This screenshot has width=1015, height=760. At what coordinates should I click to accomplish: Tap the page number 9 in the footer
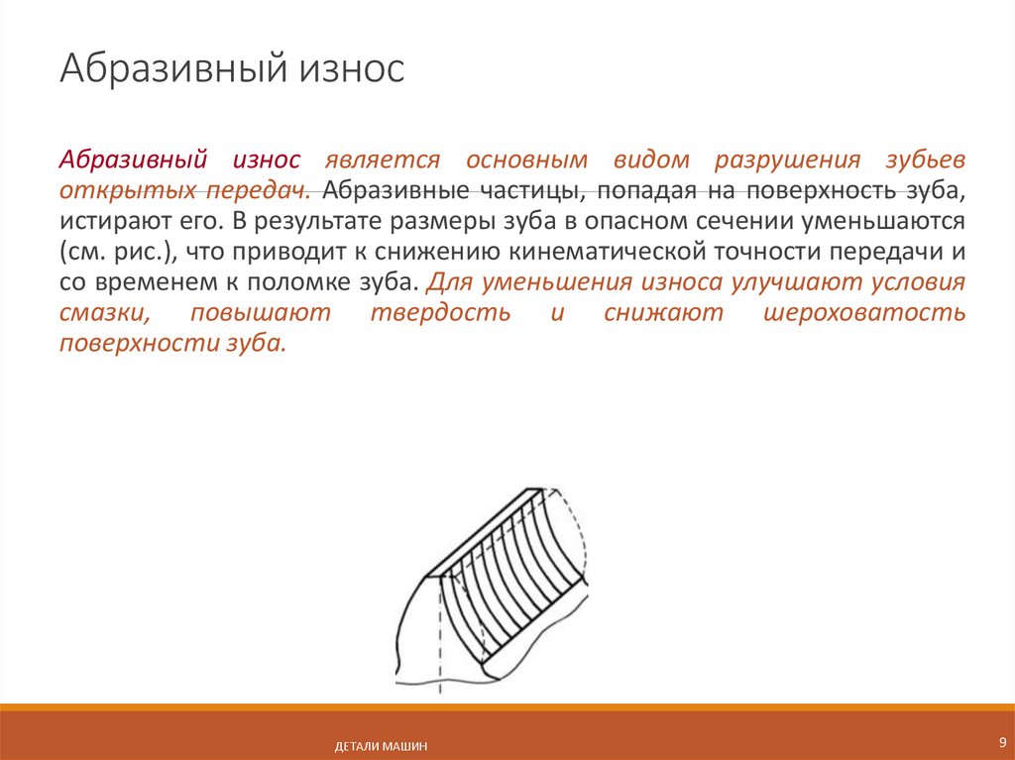point(1001,742)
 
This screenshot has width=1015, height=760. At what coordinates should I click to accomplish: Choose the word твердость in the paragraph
point(440,313)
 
